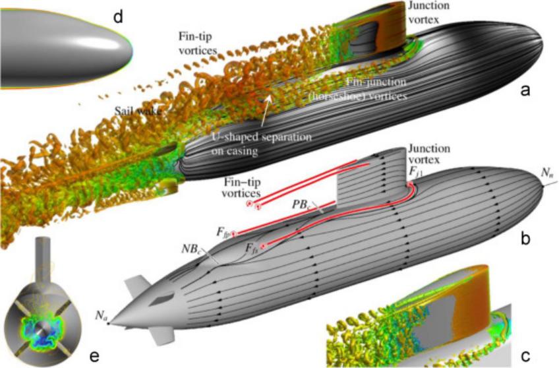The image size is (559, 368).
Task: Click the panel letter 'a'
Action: [525, 91]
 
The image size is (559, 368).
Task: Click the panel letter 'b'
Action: [525, 239]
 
